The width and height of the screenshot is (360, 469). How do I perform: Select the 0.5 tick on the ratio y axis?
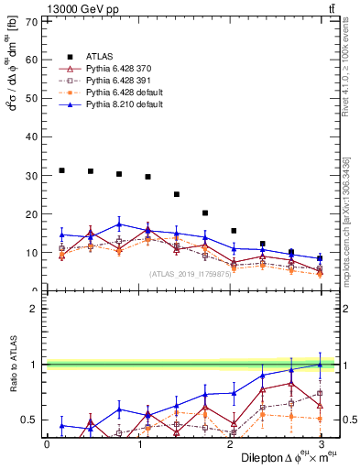32,420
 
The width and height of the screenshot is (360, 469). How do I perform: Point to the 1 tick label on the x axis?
138,444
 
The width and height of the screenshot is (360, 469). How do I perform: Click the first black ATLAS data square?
61,170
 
